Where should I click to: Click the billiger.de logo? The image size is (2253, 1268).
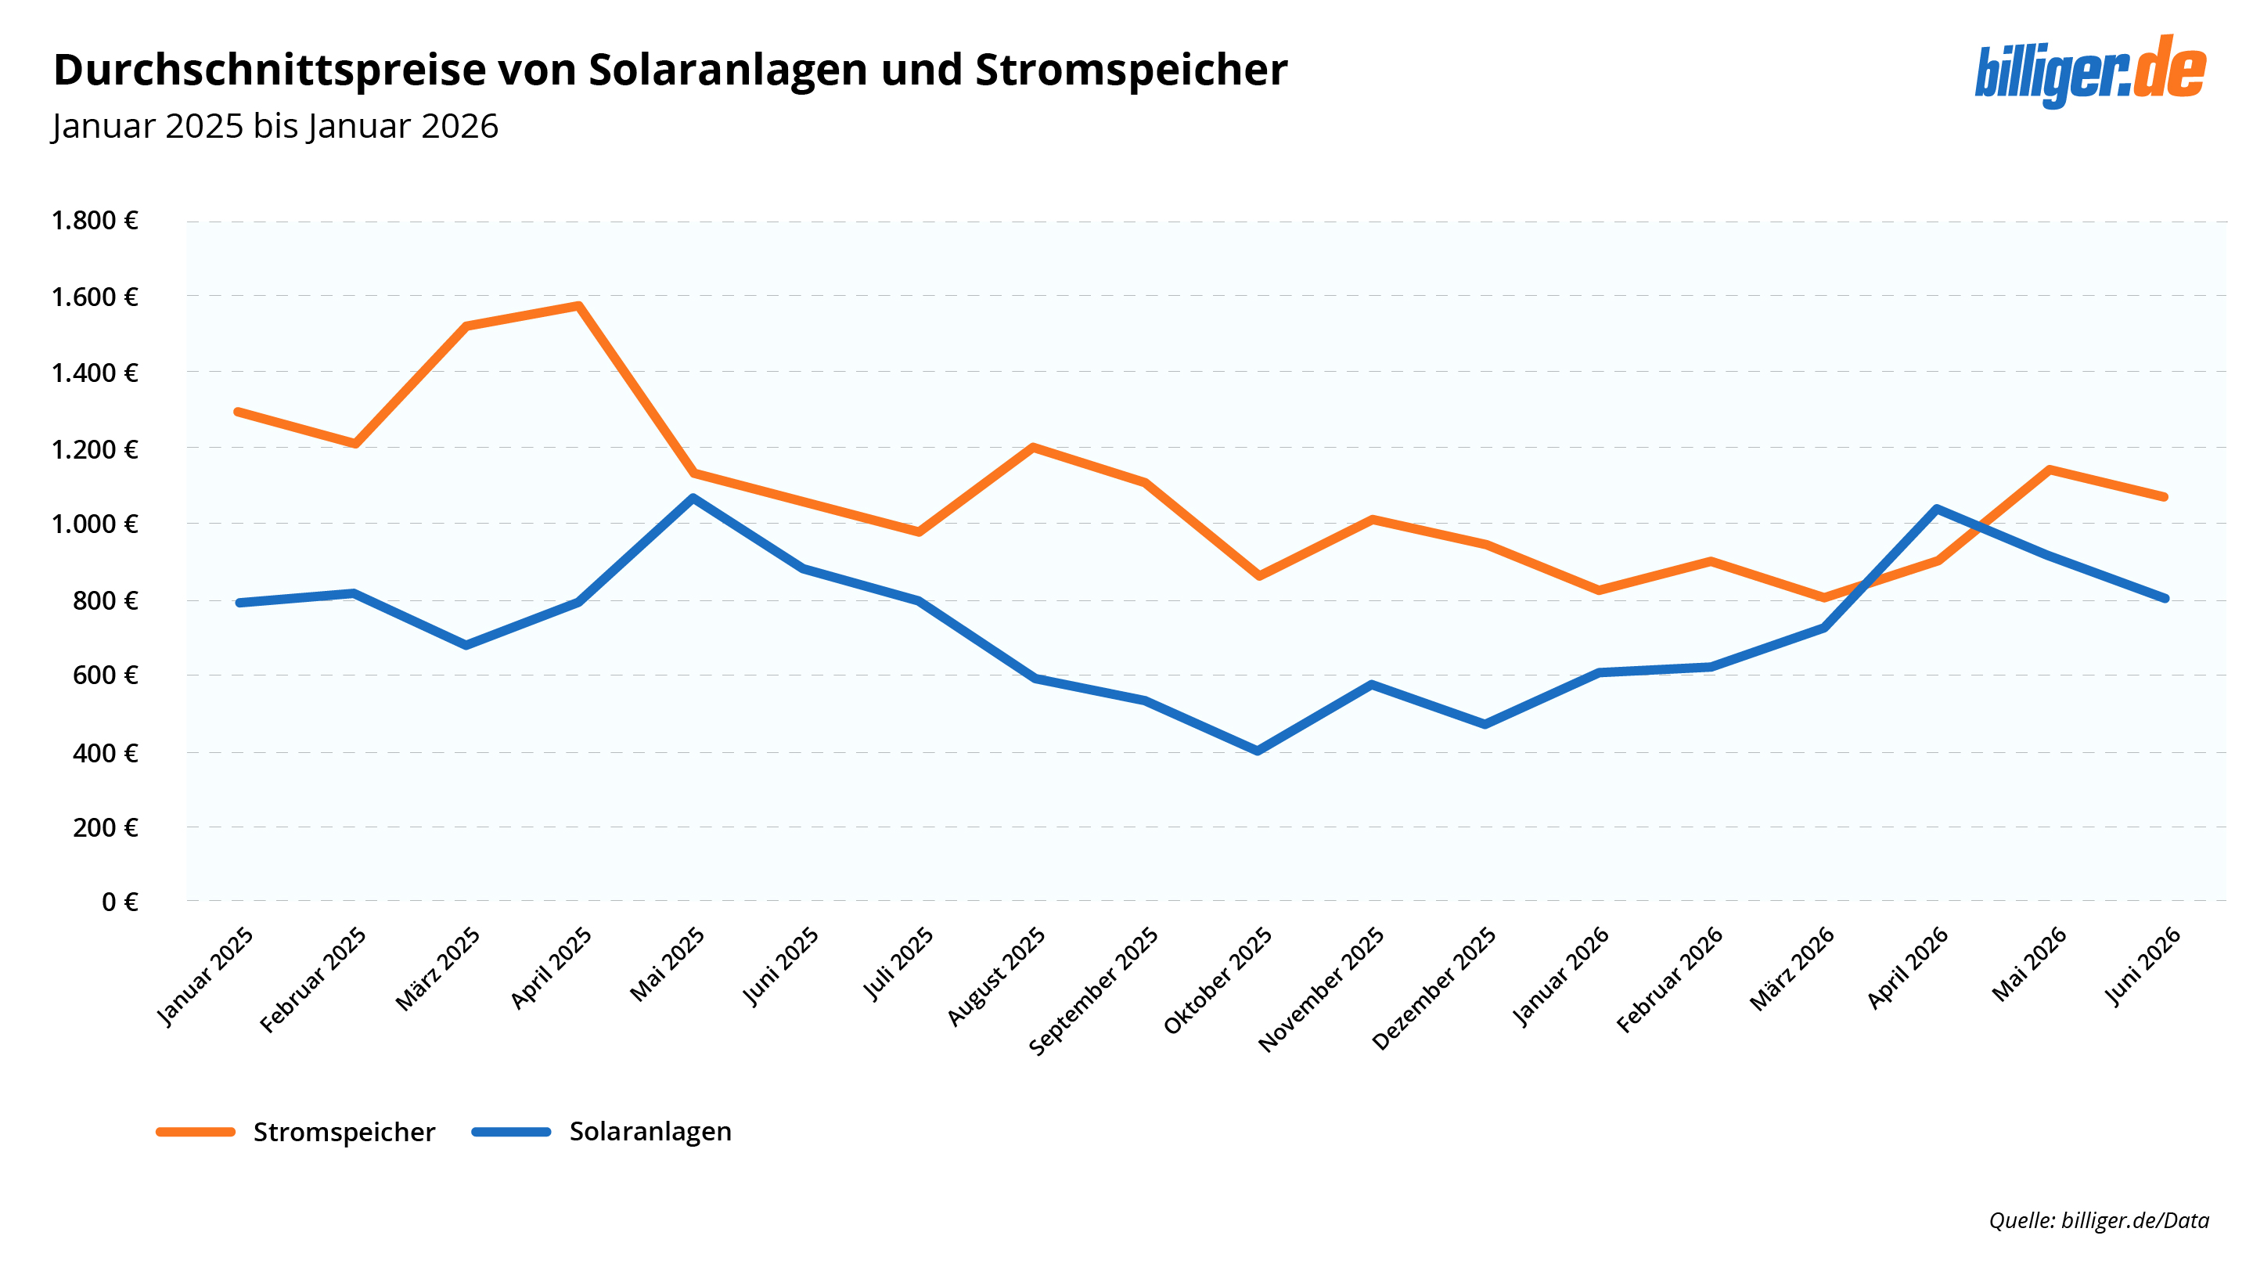(2089, 70)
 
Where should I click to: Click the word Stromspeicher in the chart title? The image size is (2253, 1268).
(1131, 70)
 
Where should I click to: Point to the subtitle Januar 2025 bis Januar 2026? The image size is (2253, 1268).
(275, 127)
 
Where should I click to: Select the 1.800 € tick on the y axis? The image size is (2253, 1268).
(95, 221)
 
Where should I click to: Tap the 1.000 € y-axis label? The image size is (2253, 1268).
(95, 524)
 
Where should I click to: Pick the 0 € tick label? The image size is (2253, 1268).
(120, 902)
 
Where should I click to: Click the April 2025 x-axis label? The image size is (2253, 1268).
(551, 967)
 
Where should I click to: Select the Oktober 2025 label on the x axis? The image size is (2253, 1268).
(1218, 980)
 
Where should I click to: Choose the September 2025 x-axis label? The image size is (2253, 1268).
(1093, 991)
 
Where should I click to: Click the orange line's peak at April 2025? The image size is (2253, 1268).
(578, 305)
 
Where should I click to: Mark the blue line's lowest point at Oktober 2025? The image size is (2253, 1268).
(1258, 751)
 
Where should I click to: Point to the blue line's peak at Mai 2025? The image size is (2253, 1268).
(693, 499)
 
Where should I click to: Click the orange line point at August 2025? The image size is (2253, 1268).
(1033, 448)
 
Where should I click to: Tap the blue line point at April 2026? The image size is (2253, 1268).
(1938, 509)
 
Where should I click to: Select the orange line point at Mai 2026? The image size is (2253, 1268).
(2050, 470)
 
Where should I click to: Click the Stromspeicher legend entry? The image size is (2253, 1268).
(296, 1132)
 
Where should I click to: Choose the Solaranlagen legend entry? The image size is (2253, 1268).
(602, 1132)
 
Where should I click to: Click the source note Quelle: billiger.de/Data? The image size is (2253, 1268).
(2099, 1220)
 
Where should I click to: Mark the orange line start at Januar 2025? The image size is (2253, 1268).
(239, 412)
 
